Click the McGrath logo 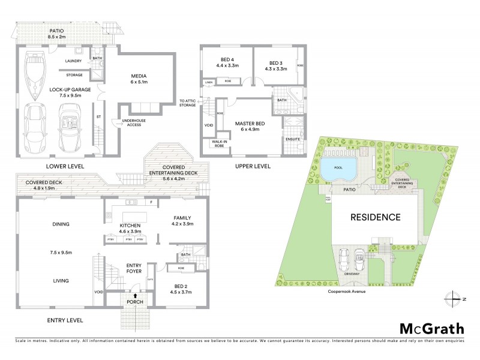click(431, 328)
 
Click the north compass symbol click(455, 298)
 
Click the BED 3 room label click(275, 63)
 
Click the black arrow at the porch click(135, 296)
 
